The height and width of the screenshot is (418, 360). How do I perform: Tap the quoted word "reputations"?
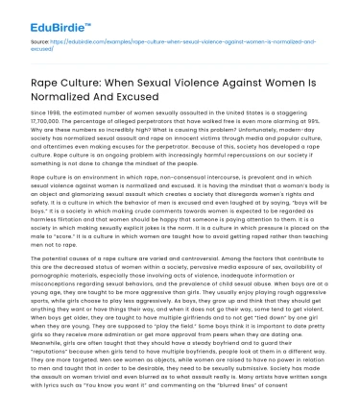[37, 350]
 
